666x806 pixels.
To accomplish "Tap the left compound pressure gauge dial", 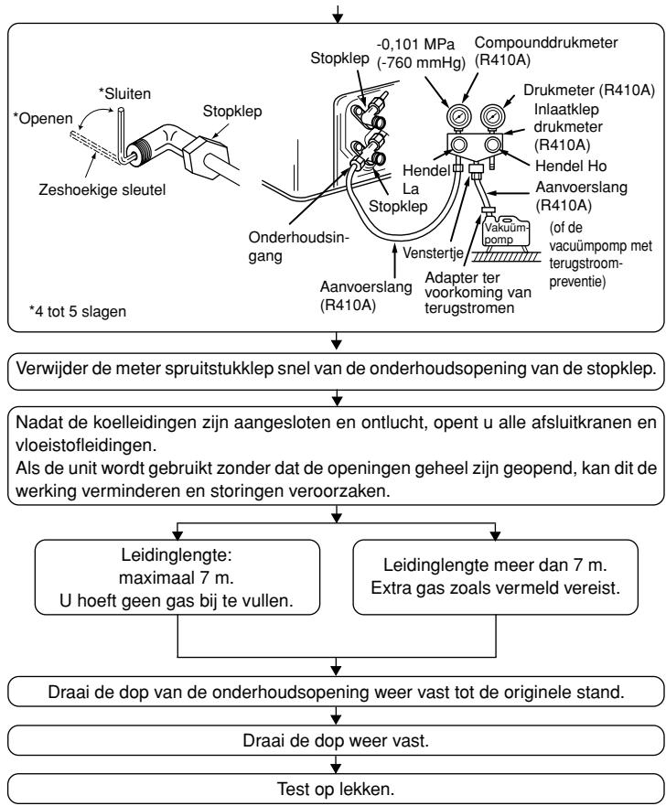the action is [457, 117].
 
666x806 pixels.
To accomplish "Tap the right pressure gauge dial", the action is [493, 117].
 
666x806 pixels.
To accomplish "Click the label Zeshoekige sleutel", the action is [102, 190].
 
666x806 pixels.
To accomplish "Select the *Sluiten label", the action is [124, 94].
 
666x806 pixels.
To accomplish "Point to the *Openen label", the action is [43, 119].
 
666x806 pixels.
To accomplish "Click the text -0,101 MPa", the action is [415, 44].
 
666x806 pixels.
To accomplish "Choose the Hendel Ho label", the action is [571, 166].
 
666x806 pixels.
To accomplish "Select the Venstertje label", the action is [433, 253].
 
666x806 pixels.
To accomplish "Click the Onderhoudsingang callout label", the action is [298, 247].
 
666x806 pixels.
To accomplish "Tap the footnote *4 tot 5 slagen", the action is [78, 311].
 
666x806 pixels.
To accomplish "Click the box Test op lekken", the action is [336, 789].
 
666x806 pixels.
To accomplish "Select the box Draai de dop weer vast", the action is [336, 741].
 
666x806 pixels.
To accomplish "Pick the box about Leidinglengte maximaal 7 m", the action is [177, 577].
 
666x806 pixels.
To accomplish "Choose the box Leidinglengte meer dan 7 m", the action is [496, 577].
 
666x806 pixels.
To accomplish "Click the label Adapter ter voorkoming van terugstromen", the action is [478, 293].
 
